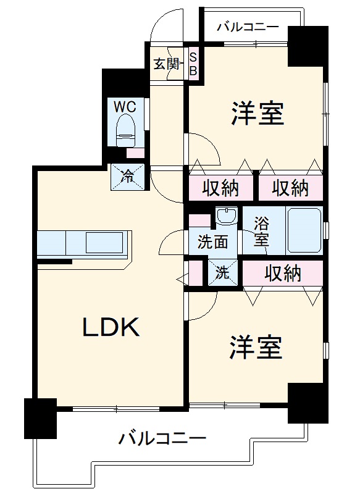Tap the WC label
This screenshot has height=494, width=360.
click(x=125, y=105)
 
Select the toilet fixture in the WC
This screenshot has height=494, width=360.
click(x=126, y=129)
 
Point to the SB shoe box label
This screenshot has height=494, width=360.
click(x=193, y=64)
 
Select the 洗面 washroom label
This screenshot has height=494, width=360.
click(x=212, y=241)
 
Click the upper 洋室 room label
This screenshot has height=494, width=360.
click(x=257, y=114)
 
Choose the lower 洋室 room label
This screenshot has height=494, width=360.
click(x=256, y=348)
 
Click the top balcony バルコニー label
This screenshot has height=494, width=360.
click(x=248, y=27)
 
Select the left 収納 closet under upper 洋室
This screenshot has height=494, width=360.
click(x=220, y=188)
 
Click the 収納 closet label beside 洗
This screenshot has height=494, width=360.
click(x=283, y=272)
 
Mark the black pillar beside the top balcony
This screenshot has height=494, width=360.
click(x=308, y=45)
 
